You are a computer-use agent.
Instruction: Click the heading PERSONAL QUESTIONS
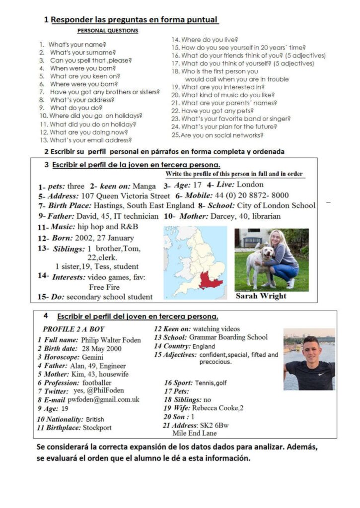tap(108, 31)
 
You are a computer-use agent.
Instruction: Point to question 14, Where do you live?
tap(205, 40)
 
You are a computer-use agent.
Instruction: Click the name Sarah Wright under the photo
tap(261, 296)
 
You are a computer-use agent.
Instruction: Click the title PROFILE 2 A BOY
tap(73, 329)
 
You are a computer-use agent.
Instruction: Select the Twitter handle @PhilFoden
tap(105, 390)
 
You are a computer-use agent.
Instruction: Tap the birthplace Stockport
tap(97, 427)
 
